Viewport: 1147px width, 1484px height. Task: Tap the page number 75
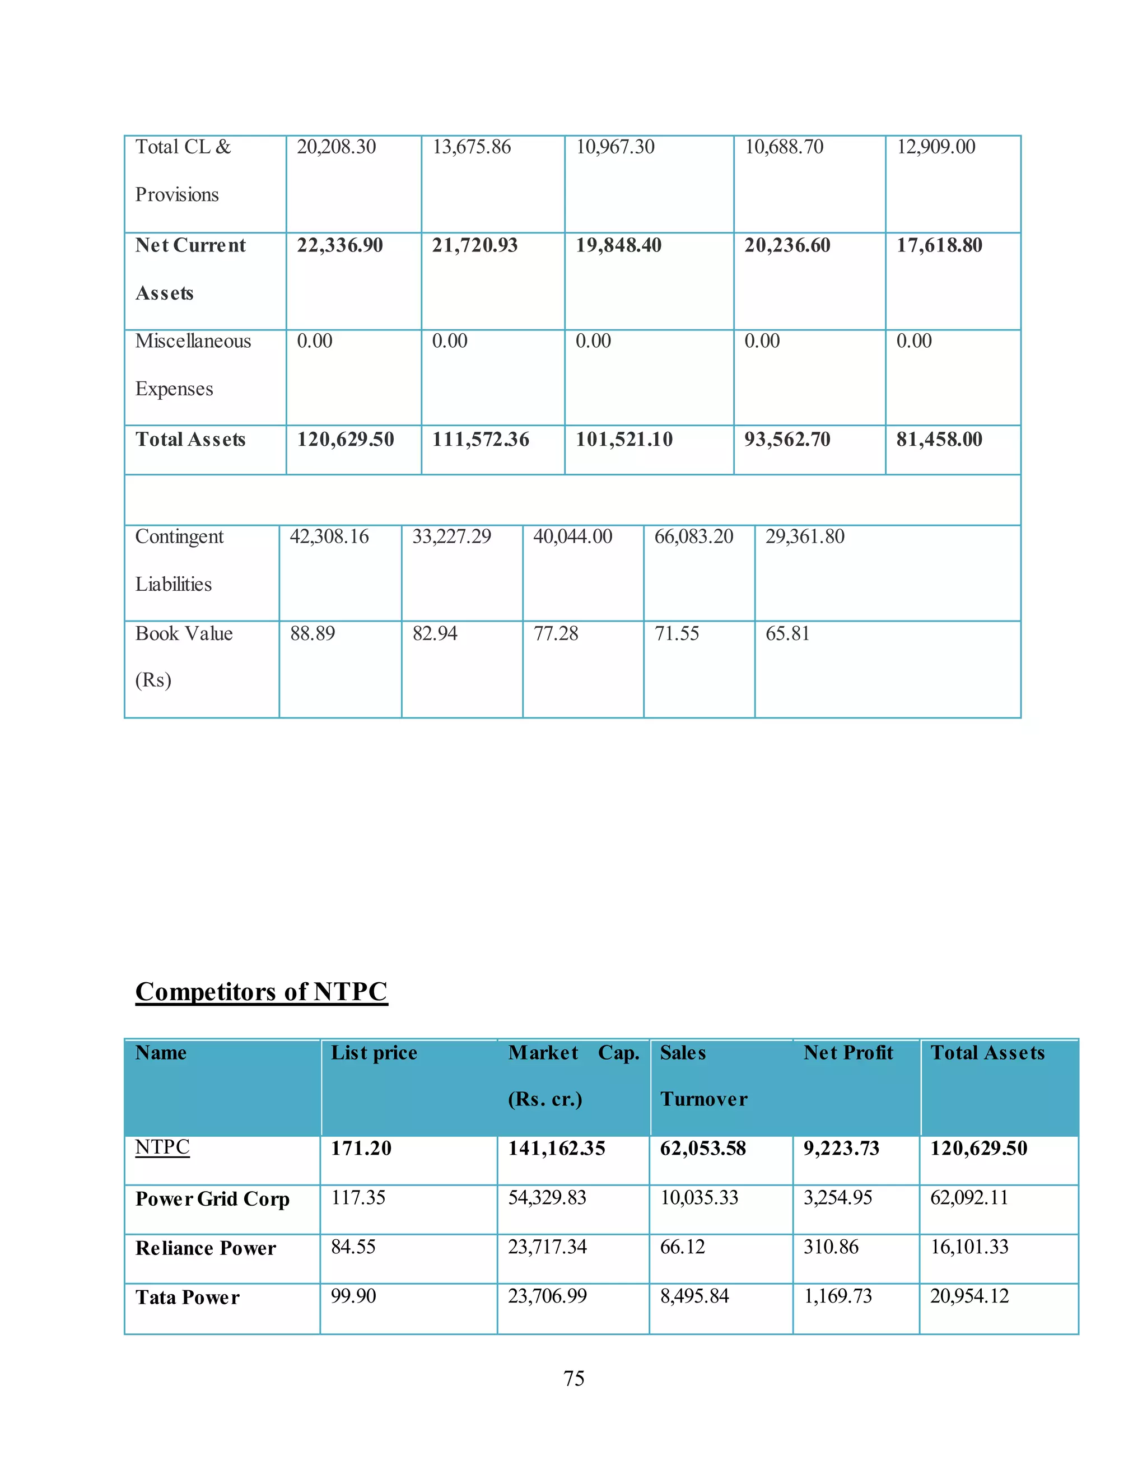[x=573, y=1378]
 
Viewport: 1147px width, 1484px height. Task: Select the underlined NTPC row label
[x=162, y=1147]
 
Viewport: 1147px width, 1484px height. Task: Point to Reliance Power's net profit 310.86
[x=831, y=1247]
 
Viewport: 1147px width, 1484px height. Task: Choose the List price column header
[x=374, y=1053]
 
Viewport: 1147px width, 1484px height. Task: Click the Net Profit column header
[x=848, y=1053]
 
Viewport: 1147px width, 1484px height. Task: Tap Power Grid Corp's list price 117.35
[x=357, y=1197]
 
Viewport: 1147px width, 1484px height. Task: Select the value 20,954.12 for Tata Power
[x=969, y=1296]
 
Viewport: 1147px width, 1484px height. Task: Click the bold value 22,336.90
[x=340, y=245]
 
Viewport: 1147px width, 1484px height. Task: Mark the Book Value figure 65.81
[x=787, y=633]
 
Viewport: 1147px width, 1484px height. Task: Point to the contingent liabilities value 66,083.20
[x=693, y=537]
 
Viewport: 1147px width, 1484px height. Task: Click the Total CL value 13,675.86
[x=472, y=147]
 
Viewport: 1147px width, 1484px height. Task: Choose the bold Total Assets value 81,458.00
[x=939, y=439]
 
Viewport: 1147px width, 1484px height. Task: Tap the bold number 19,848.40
[x=618, y=245]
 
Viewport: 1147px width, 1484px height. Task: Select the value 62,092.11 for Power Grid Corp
[x=969, y=1197]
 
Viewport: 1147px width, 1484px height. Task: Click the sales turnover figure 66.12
[x=682, y=1247]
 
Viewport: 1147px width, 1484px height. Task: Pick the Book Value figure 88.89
[x=312, y=633]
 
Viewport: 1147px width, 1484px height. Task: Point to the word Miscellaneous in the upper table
[x=193, y=340]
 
